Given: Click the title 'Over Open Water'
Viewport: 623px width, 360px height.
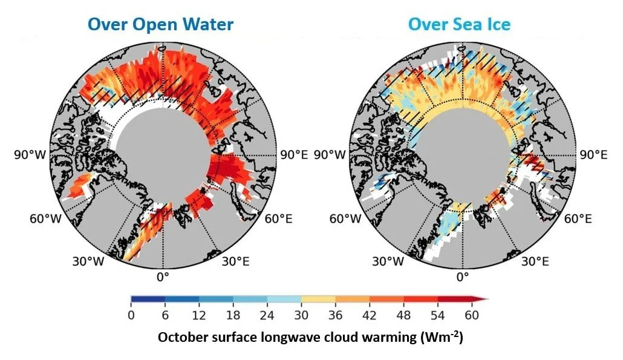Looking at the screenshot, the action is coord(160,24).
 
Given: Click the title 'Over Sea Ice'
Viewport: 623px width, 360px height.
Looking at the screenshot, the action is coord(459,24).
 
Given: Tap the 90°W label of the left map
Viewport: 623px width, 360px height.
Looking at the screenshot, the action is coord(30,154).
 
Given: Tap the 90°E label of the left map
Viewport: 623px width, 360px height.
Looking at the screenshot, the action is coord(294,154).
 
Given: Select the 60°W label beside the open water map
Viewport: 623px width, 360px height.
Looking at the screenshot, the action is coord(46,218).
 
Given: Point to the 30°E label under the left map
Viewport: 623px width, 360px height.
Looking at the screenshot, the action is coord(236,261).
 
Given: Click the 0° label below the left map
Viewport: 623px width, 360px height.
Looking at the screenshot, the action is coord(163,277).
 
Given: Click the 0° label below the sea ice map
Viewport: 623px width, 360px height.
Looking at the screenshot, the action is coord(463,277).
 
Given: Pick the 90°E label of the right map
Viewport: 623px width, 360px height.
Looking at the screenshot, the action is coord(593,154).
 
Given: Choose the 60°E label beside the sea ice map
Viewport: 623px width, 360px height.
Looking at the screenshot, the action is coord(578,218).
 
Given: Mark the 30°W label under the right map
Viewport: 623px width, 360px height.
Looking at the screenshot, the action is coord(388,261).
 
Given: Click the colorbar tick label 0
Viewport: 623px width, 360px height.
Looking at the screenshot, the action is coord(131,315).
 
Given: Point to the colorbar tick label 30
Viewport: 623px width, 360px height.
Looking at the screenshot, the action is coord(301,315).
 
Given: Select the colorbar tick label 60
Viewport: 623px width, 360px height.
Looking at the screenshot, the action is coord(472,315).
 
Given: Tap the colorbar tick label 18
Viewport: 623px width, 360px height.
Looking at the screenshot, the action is coord(233,315).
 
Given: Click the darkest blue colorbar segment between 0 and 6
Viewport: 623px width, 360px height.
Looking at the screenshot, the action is coord(148,299).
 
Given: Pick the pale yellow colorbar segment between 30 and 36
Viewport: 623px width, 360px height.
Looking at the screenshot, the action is coord(318,299).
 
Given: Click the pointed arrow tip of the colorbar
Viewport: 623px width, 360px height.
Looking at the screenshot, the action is coord(488,299).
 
